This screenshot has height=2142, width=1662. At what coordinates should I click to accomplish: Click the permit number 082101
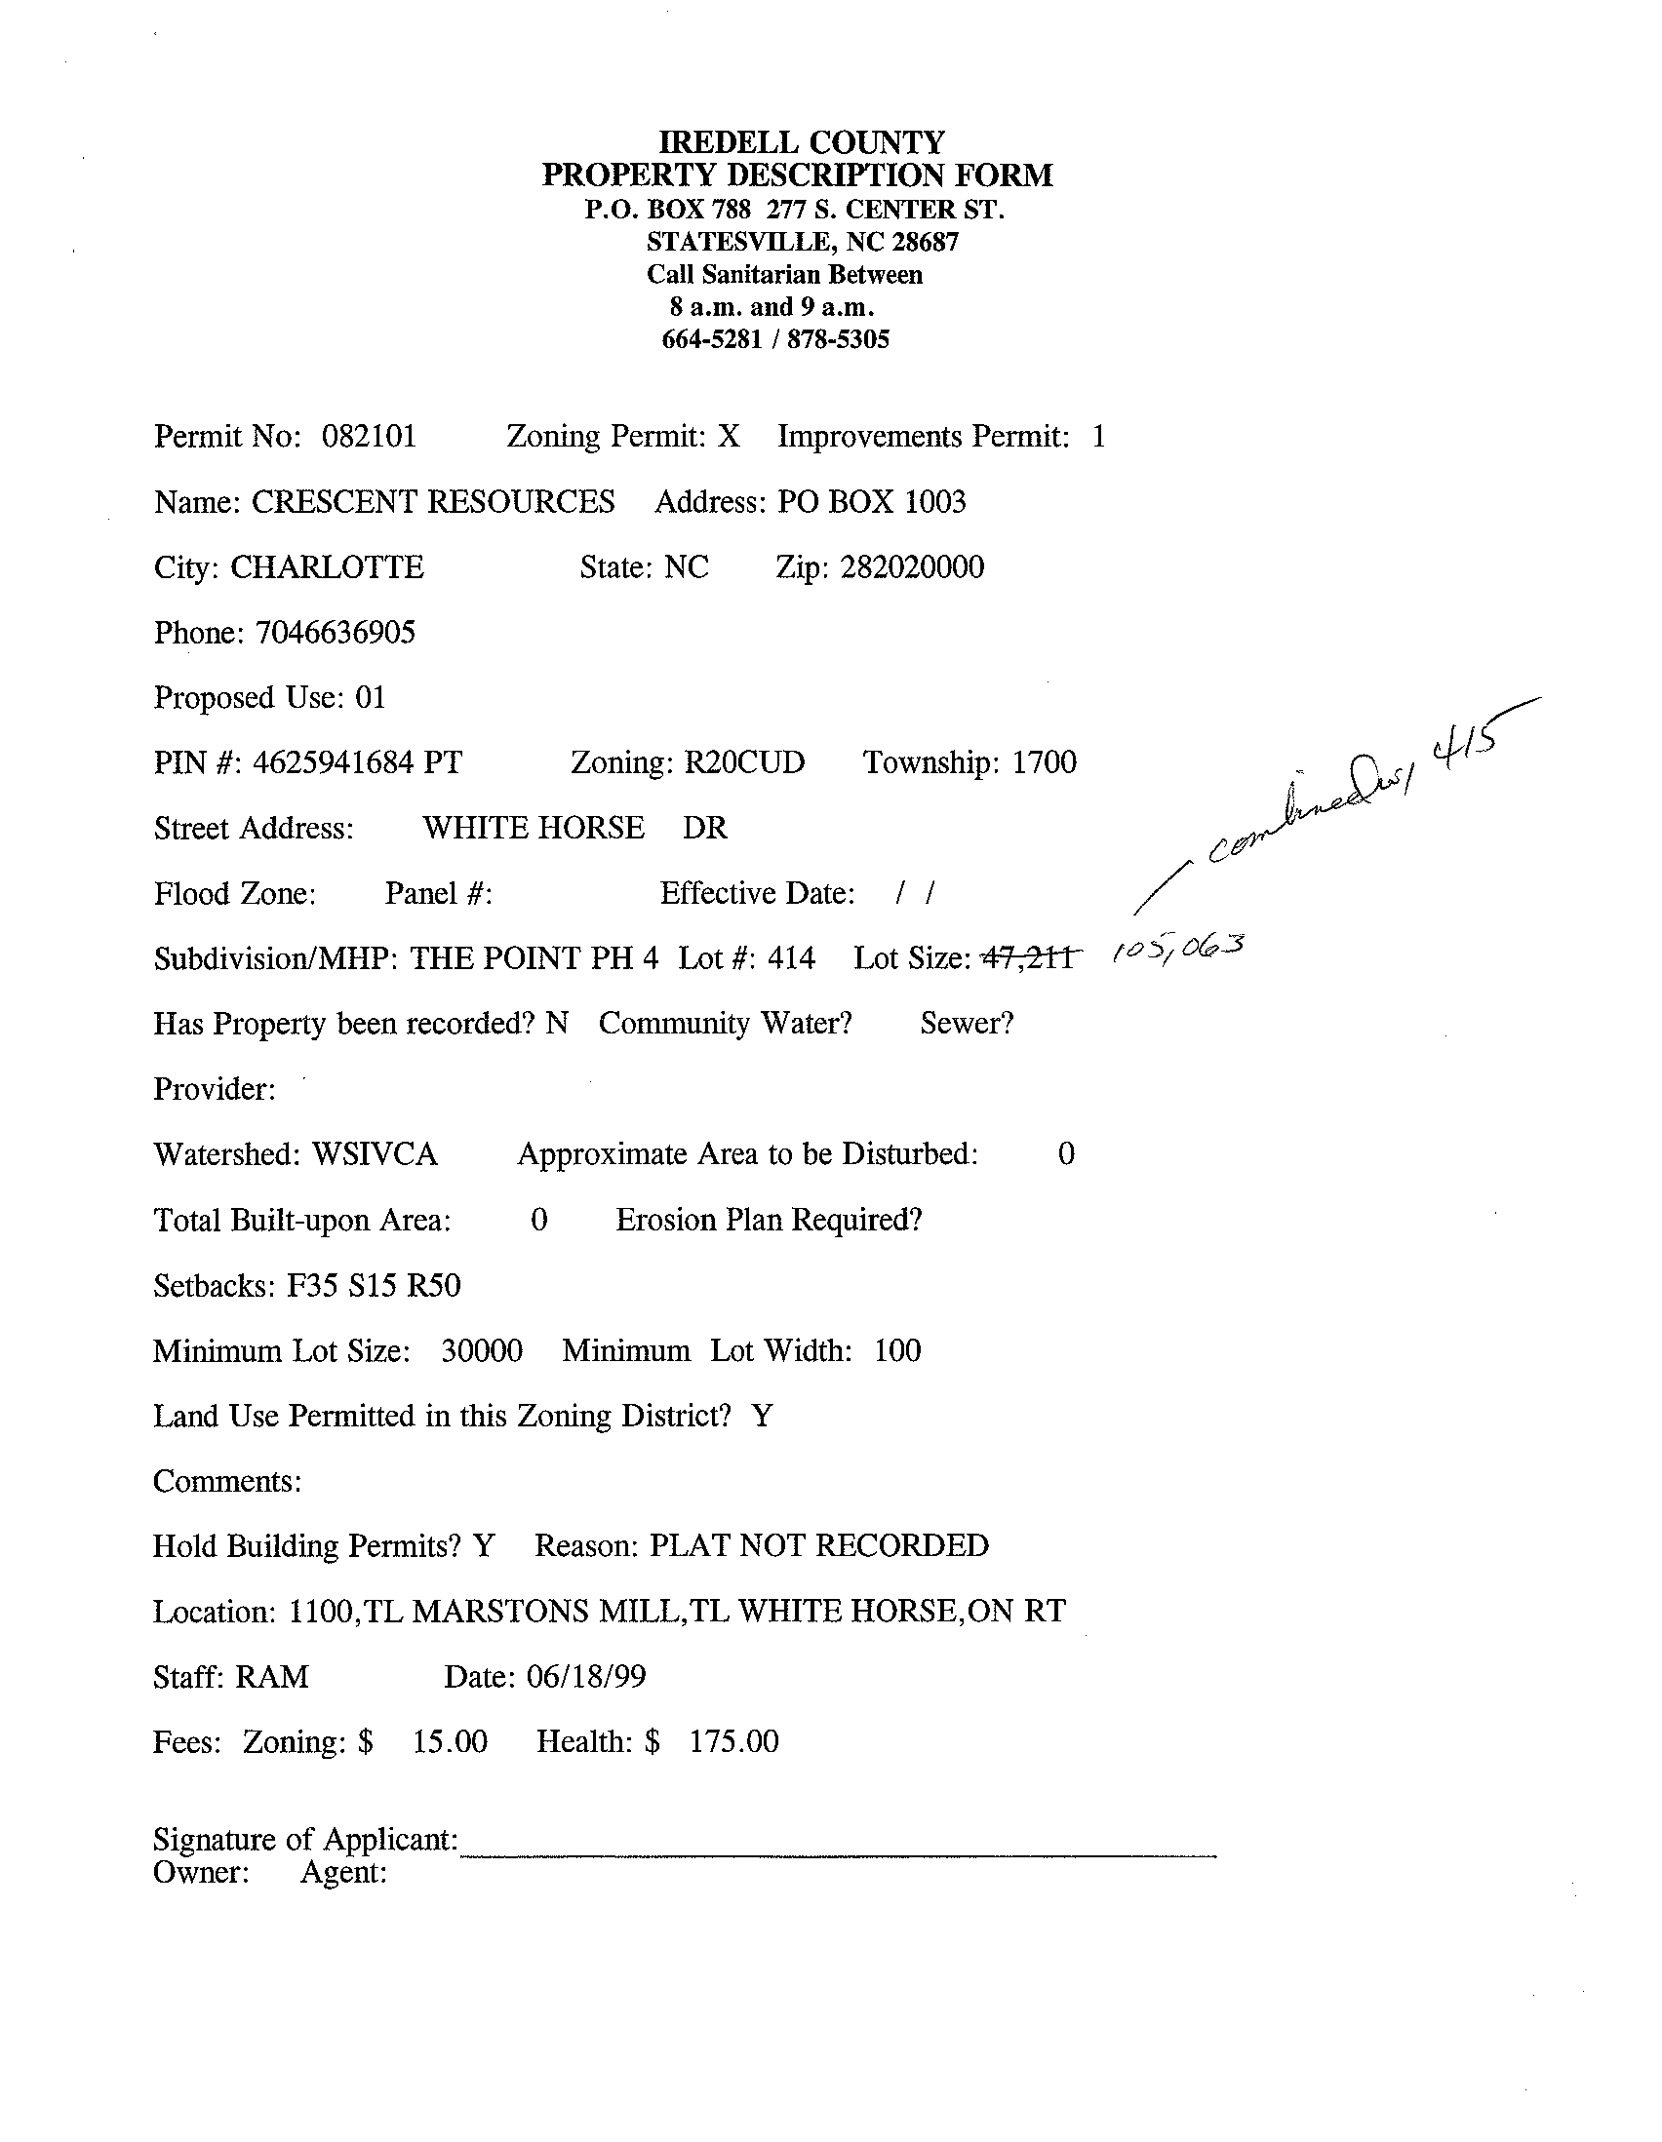point(369,437)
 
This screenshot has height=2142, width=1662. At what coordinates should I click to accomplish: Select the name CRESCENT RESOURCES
point(433,502)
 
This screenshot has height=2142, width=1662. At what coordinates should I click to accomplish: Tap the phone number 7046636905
point(336,633)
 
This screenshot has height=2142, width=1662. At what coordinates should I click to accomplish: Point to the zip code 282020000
point(911,567)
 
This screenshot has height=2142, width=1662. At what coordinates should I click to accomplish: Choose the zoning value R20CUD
point(743,763)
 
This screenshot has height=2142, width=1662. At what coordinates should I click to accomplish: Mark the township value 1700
point(1044,763)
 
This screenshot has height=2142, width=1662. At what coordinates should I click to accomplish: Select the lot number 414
point(791,958)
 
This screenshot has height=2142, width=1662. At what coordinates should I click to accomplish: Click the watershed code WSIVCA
point(374,1154)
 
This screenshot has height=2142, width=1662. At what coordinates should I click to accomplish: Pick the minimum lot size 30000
point(482,1351)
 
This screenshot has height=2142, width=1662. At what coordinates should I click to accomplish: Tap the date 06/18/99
point(586,1677)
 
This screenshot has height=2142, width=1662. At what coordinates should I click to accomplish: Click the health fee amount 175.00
point(733,1743)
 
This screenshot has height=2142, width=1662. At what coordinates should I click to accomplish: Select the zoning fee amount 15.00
point(450,1743)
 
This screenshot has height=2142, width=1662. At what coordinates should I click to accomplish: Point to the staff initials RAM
point(272,1677)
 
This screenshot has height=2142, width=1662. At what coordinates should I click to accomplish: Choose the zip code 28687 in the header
point(925,242)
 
